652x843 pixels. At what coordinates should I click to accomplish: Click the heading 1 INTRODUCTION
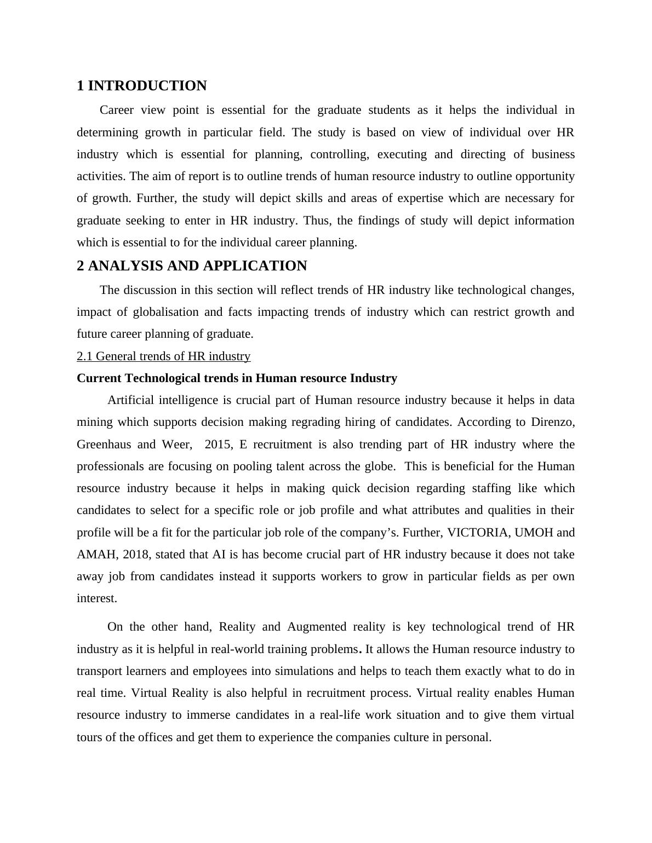pyautogui.click(x=141, y=86)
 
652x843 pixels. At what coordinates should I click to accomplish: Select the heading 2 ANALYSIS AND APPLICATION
pyautogui.click(x=192, y=266)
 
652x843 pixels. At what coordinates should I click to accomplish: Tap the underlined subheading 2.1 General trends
pyautogui.click(x=163, y=356)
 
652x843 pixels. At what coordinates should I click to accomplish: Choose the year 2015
pyautogui.click(x=218, y=444)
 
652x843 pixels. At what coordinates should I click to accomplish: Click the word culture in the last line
pyautogui.click(x=411, y=737)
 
